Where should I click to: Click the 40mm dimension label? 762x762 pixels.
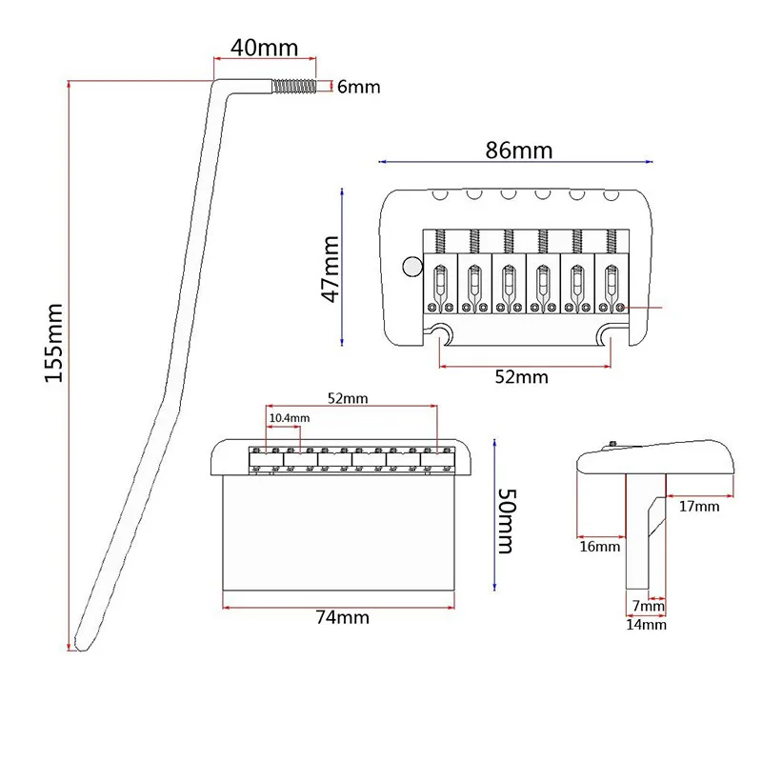coord(264,48)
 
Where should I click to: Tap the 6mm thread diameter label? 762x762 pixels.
coord(359,87)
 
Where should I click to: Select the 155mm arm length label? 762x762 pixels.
coord(54,343)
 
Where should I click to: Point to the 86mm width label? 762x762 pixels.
coord(519,150)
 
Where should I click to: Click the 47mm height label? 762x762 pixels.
coord(331,269)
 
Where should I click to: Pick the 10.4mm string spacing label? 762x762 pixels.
coord(290,418)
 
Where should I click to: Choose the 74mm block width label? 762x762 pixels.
coord(343,617)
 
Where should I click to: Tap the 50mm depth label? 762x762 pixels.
coord(507,521)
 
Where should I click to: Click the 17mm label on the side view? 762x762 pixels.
coord(699,507)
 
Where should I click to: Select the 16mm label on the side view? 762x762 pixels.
coord(600,547)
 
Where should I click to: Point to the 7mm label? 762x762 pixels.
coord(649,606)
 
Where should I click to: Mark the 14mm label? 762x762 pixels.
coord(646,625)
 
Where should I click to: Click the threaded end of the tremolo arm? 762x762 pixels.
coord(294,87)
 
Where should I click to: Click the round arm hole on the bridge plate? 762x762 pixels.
coord(412,267)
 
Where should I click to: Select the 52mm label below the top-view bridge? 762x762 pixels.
coord(521,376)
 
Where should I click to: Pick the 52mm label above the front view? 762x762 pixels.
coord(348,398)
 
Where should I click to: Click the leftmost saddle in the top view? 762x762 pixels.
coord(440,283)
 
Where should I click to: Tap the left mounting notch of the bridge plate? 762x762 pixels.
coord(440,333)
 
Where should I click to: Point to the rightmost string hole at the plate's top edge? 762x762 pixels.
coord(611,195)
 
